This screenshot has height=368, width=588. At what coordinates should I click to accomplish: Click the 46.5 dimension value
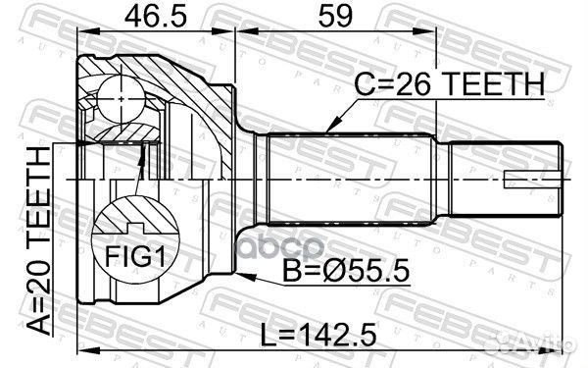(155, 16)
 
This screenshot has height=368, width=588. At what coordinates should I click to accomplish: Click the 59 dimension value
(335, 16)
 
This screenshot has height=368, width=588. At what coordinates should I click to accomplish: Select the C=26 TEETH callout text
(449, 84)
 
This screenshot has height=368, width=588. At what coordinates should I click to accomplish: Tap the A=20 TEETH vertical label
(39, 240)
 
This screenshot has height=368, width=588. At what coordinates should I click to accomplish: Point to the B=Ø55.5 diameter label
(345, 271)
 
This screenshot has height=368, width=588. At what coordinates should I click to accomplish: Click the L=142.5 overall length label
(318, 336)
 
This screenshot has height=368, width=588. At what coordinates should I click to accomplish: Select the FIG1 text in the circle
(134, 256)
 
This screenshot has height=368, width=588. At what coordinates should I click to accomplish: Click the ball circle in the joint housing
(121, 98)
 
